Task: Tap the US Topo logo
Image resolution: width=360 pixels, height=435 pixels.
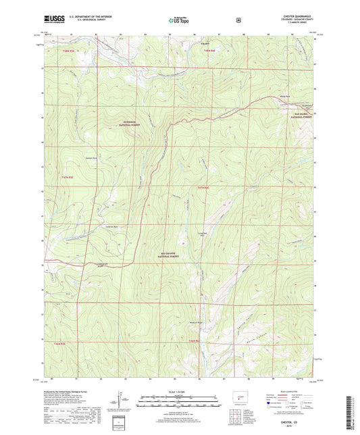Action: tap(180, 21)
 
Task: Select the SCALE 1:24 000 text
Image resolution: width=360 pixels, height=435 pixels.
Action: tap(180, 391)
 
